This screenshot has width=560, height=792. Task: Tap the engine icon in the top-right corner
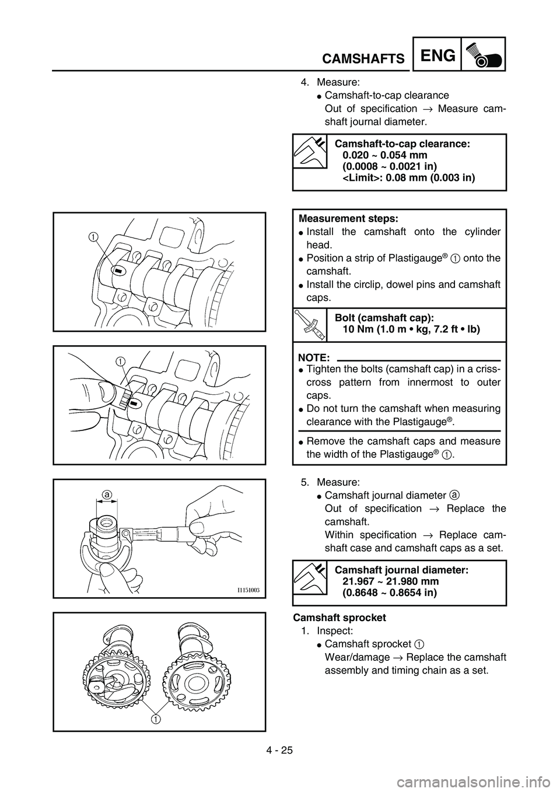483,54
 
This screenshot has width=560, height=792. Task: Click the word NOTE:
314,356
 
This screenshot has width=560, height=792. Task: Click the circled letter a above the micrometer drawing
106,495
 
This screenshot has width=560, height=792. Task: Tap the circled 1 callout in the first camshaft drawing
93,237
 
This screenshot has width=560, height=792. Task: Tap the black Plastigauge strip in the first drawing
117,271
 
